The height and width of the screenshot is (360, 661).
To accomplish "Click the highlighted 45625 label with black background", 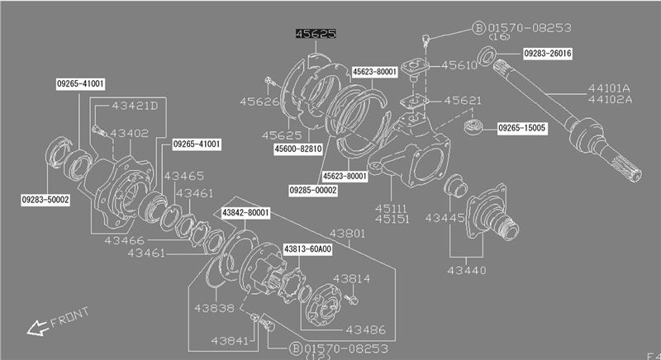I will (x=316, y=35).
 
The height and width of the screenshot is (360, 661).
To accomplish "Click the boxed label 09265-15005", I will (x=526, y=128).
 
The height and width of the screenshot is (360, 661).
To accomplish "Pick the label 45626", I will (x=260, y=102).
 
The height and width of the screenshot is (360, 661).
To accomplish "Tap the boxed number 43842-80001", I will (x=245, y=213).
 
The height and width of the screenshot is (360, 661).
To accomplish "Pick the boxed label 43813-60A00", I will (x=307, y=249).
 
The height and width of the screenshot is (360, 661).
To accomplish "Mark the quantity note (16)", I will (x=499, y=37).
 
